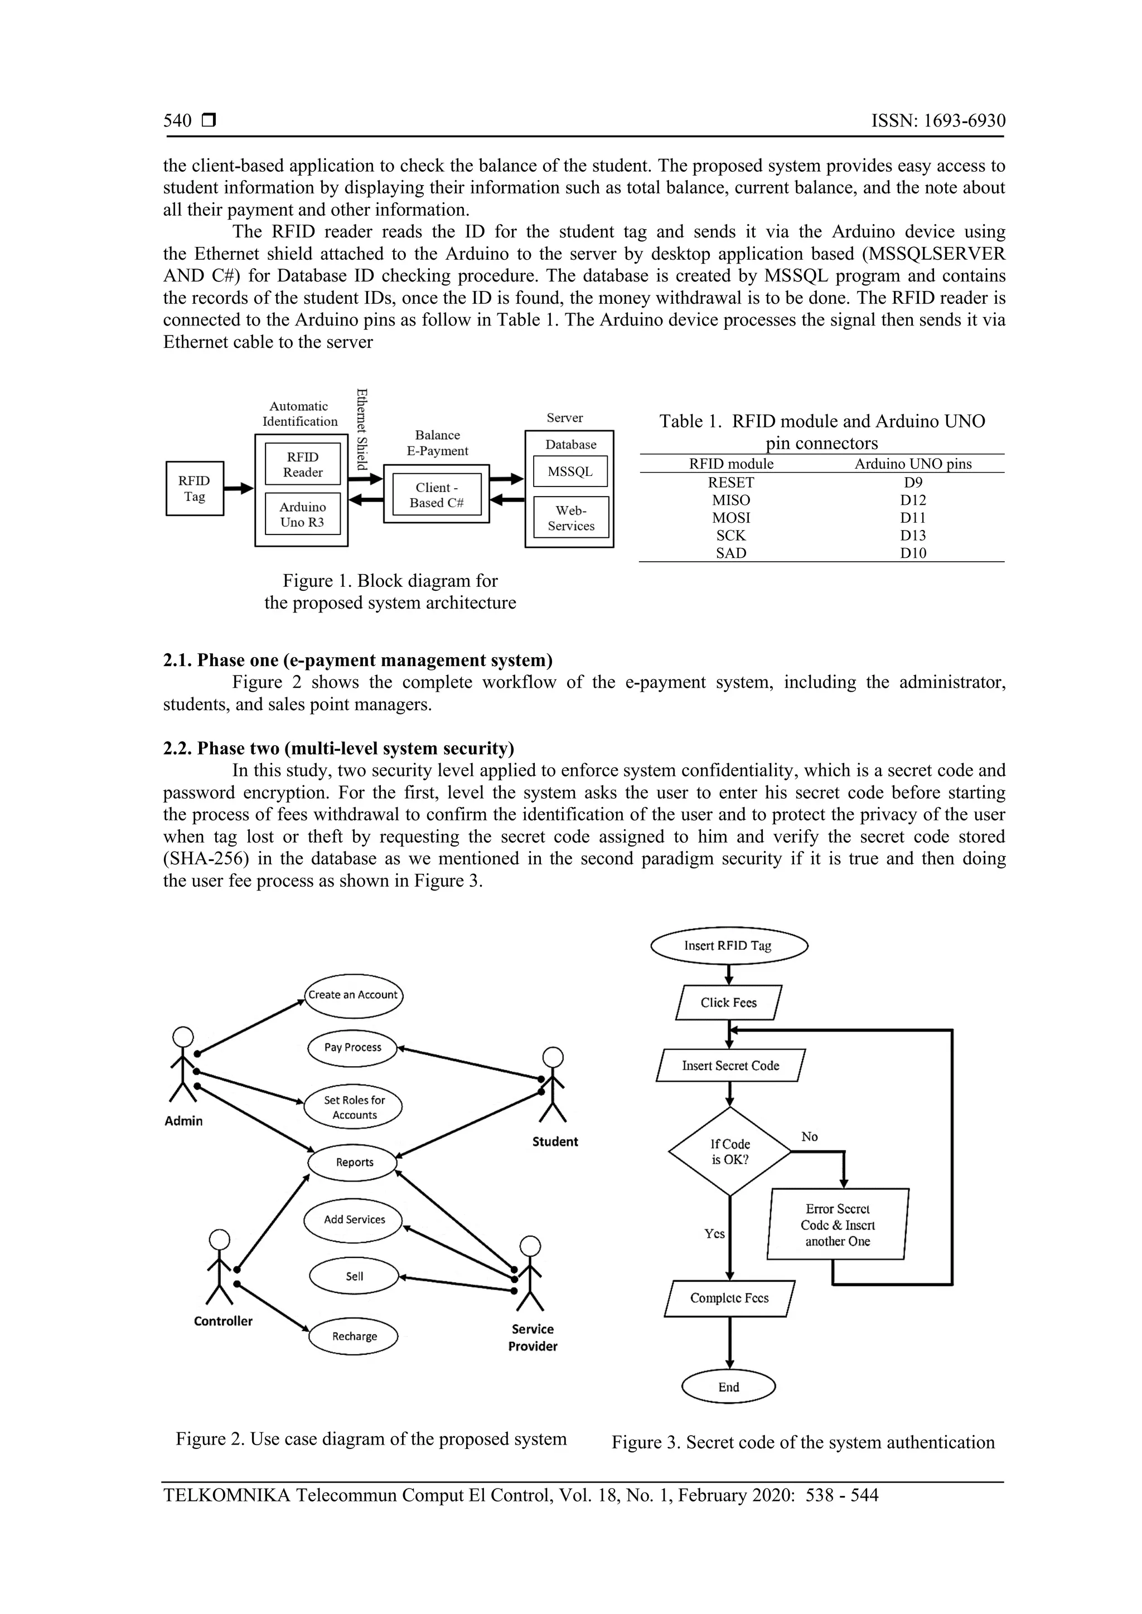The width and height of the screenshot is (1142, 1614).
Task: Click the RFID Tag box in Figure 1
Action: point(194,489)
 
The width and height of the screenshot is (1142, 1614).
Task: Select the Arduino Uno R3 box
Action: point(302,514)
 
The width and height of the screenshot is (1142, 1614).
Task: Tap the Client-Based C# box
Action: point(436,495)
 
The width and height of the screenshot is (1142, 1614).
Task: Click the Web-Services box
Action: point(570,518)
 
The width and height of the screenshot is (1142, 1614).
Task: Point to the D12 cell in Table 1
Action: point(913,500)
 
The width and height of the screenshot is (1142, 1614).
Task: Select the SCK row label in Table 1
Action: point(730,536)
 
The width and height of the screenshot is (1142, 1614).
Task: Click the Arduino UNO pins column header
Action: point(913,464)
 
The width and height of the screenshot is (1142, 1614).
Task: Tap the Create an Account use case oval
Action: point(353,995)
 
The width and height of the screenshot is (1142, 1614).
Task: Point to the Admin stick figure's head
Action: point(183,1038)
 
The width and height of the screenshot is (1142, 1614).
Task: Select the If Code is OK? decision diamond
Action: point(730,1152)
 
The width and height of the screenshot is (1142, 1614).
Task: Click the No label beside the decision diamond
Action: point(810,1137)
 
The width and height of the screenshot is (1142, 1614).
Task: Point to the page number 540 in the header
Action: point(177,121)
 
